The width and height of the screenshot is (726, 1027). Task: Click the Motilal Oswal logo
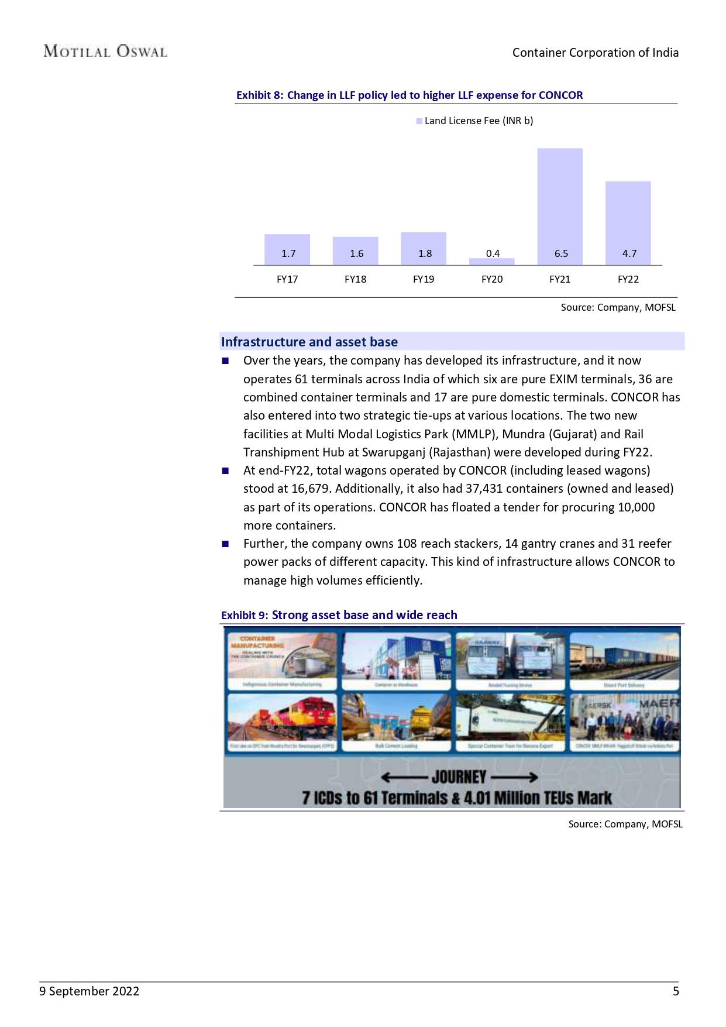[105, 51]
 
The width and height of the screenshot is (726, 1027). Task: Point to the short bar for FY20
[492, 262]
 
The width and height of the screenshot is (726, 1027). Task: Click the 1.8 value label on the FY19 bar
[425, 253]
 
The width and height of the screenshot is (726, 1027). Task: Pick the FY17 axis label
[287, 279]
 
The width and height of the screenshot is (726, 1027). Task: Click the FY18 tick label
[355, 279]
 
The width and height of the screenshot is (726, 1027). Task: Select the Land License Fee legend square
[419, 121]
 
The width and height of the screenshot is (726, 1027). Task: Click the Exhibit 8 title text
[410, 95]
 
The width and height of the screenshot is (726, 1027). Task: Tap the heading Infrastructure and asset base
[309, 342]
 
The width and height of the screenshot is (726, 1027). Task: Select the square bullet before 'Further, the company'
[225, 544]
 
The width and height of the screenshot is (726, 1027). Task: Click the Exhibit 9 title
[339, 615]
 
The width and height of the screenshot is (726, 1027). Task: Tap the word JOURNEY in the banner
[459, 777]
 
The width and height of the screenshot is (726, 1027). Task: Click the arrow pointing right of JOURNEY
[514, 777]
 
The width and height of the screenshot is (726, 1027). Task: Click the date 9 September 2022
[89, 991]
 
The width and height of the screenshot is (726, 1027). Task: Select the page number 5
[676, 991]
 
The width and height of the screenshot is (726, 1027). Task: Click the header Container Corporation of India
[595, 53]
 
